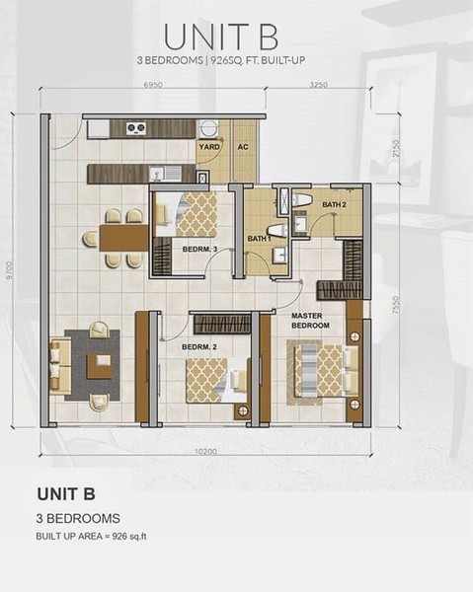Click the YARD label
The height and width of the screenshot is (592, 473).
click(209, 146)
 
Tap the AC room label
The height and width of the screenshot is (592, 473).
click(243, 146)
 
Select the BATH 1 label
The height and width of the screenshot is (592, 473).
click(259, 239)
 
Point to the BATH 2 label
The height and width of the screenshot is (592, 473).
click(334, 204)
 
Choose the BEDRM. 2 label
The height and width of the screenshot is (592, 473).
click(199, 346)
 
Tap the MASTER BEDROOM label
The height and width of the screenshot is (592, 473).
click(310, 321)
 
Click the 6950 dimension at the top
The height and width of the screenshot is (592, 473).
click(153, 85)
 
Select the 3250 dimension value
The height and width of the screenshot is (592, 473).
click(319, 85)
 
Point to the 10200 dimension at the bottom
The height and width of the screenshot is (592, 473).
click(206, 451)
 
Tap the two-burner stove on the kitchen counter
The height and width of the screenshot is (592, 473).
click(136, 128)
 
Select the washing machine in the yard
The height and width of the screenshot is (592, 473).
click(207, 128)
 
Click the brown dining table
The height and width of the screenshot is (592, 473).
click(123, 239)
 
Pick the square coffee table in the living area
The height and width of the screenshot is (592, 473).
click(100, 366)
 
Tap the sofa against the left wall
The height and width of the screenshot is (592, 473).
click(60, 365)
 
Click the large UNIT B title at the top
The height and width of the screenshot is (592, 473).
click(221, 37)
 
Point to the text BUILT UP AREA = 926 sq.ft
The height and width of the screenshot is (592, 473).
click(91, 536)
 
